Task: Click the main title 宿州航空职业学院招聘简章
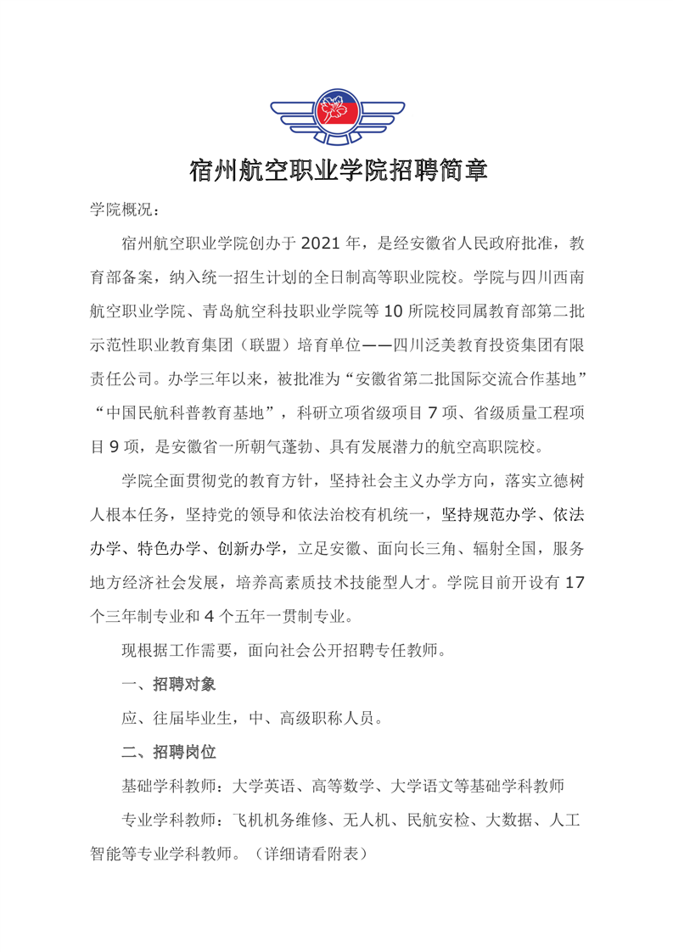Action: click(337, 171)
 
